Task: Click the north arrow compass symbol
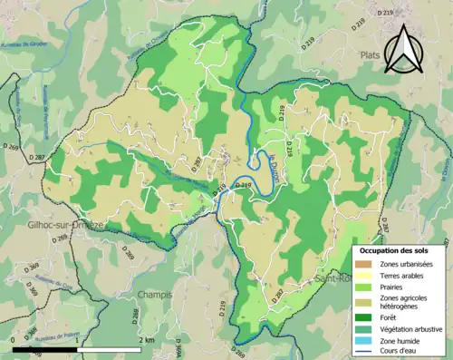pos(405,49)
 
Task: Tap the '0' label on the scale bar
pos(14,339)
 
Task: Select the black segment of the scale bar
pos(45,348)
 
